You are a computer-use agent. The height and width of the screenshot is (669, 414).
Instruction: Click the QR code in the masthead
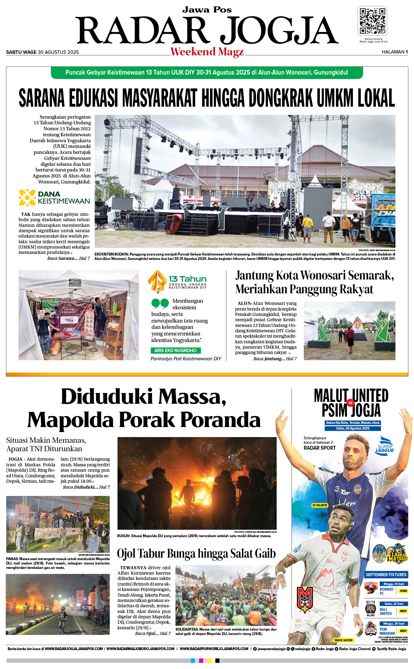click(x=372, y=21)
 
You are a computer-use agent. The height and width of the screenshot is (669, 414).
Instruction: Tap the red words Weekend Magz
click(x=207, y=52)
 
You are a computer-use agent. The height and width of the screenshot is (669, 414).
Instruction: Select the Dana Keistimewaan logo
click(x=54, y=198)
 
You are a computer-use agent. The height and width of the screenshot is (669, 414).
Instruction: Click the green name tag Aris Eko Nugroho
click(x=175, y=350)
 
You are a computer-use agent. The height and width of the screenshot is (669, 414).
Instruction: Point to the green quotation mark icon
click(x=160, y=303)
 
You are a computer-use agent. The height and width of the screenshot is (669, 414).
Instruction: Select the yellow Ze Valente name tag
click(x=320, y=505)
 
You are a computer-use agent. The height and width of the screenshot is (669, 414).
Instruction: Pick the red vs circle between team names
click(x=350, y=403)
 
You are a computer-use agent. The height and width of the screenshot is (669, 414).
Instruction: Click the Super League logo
click(x=384, y=445)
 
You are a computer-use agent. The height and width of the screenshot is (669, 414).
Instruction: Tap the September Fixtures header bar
click(x=386, y=575)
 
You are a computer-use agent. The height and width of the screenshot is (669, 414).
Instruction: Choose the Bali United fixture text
click(x=386, y=611)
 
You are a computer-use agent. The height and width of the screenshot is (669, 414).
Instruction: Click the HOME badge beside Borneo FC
click(x=403, y=591)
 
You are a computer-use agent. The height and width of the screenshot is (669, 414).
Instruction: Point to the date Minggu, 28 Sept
click(x=394, y=623)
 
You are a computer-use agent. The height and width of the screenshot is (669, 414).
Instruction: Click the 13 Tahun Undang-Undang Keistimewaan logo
click(x=178, y=281)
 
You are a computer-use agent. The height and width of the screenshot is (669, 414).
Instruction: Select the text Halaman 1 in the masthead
click(x=394, y=52)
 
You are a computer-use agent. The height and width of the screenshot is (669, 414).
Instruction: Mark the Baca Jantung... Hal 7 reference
click(x=275, y=359)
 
